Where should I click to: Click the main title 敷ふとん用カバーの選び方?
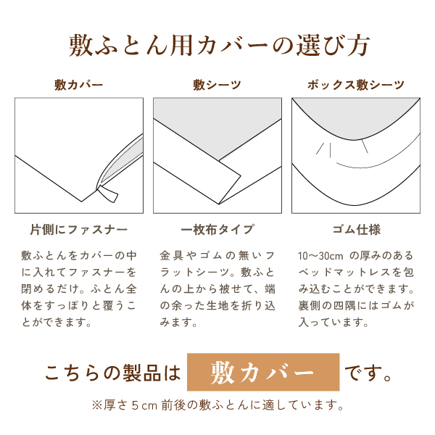pos(218,45)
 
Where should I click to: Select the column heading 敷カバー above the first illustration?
pos(78,85)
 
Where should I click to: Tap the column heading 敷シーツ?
pos(217,85)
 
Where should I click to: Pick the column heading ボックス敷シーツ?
pos(355,85)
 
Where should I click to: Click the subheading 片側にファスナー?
pos(78,230)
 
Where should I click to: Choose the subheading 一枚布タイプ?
pos(217,230)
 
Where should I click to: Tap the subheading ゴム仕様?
pos(355,230)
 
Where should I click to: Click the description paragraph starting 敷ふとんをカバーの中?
pos(78,289)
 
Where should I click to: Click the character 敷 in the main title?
pos(80,45)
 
